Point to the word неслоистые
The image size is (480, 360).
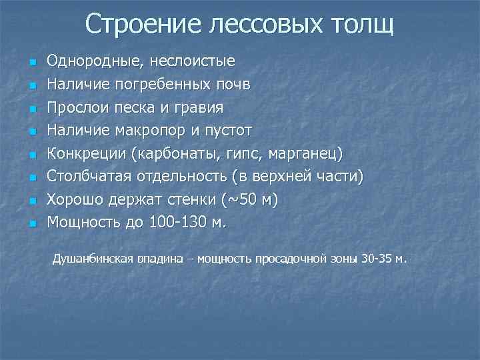(193, 62)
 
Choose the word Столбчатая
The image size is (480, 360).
(89, 177)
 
